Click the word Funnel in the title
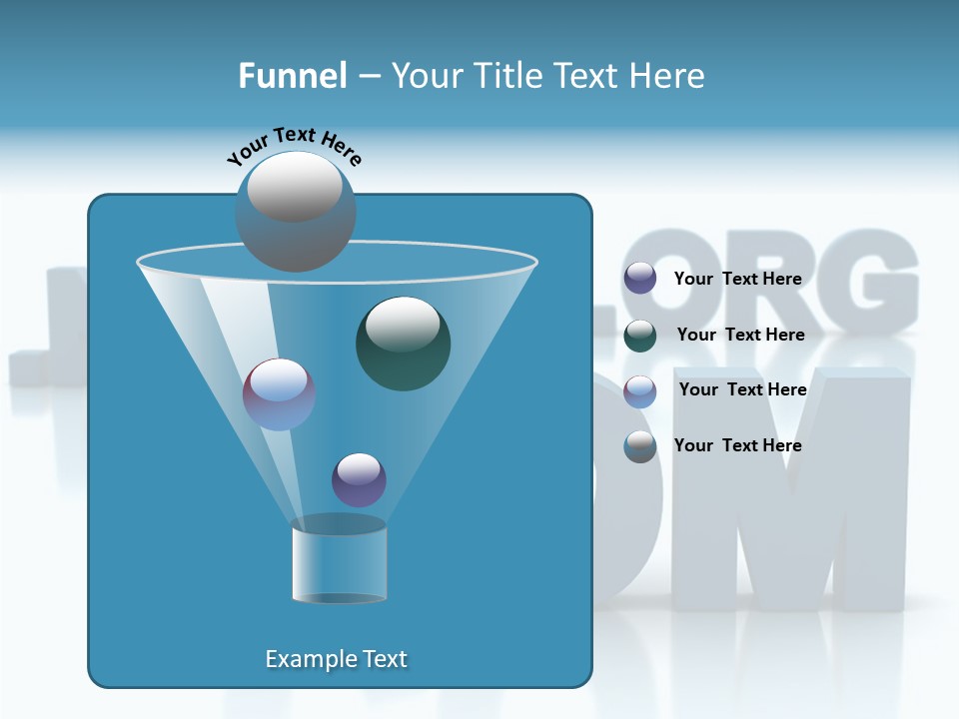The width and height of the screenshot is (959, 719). (293, 76)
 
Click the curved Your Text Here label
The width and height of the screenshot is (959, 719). (294, 145)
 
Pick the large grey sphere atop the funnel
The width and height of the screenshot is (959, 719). (295, 211)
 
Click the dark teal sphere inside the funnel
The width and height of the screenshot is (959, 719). (403, 343)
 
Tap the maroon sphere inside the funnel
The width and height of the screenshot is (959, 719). (279, 394)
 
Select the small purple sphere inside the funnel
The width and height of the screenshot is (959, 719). (359, 479)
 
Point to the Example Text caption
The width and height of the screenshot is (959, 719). (337, 659)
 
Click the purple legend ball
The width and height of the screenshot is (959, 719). (640, 279)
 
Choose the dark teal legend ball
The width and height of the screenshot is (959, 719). (640, 336)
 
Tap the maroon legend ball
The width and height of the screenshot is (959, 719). (640, 391)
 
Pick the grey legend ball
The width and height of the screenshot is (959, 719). (640, 446)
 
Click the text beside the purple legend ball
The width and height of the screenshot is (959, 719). (737, 280)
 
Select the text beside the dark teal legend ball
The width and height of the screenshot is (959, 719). (740, 335)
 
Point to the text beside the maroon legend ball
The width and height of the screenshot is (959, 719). (742, 389)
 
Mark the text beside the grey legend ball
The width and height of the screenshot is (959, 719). (737, 445)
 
